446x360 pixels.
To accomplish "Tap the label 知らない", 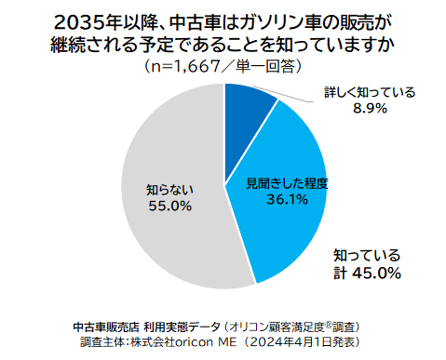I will click(169, 190).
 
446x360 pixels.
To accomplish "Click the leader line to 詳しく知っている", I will click(279, 97).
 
